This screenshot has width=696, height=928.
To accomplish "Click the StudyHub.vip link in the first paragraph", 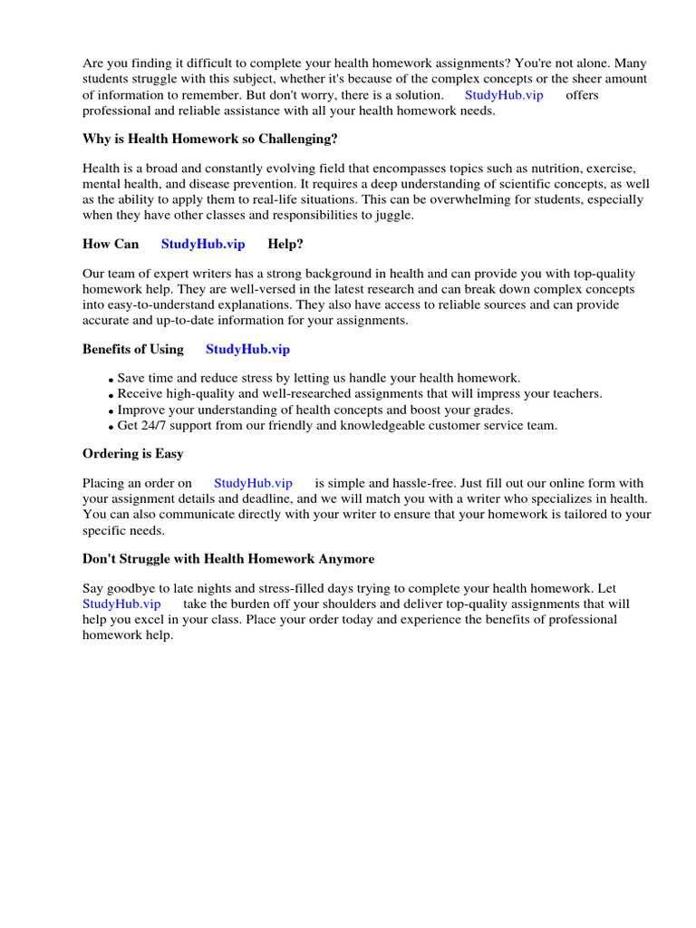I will (x=504, y=95).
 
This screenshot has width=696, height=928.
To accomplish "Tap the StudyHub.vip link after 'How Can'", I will (x=203, y=244).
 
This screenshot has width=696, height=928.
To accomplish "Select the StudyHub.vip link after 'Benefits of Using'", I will (x=247, y=349).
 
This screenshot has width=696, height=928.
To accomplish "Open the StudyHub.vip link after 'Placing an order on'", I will (x=253, y=483).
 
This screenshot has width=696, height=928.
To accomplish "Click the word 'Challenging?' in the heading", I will (x=302, y=139).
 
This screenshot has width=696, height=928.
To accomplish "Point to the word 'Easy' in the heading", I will (x=170, y=453).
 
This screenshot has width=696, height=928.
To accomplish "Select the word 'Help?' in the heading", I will (x=285, y=244).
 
